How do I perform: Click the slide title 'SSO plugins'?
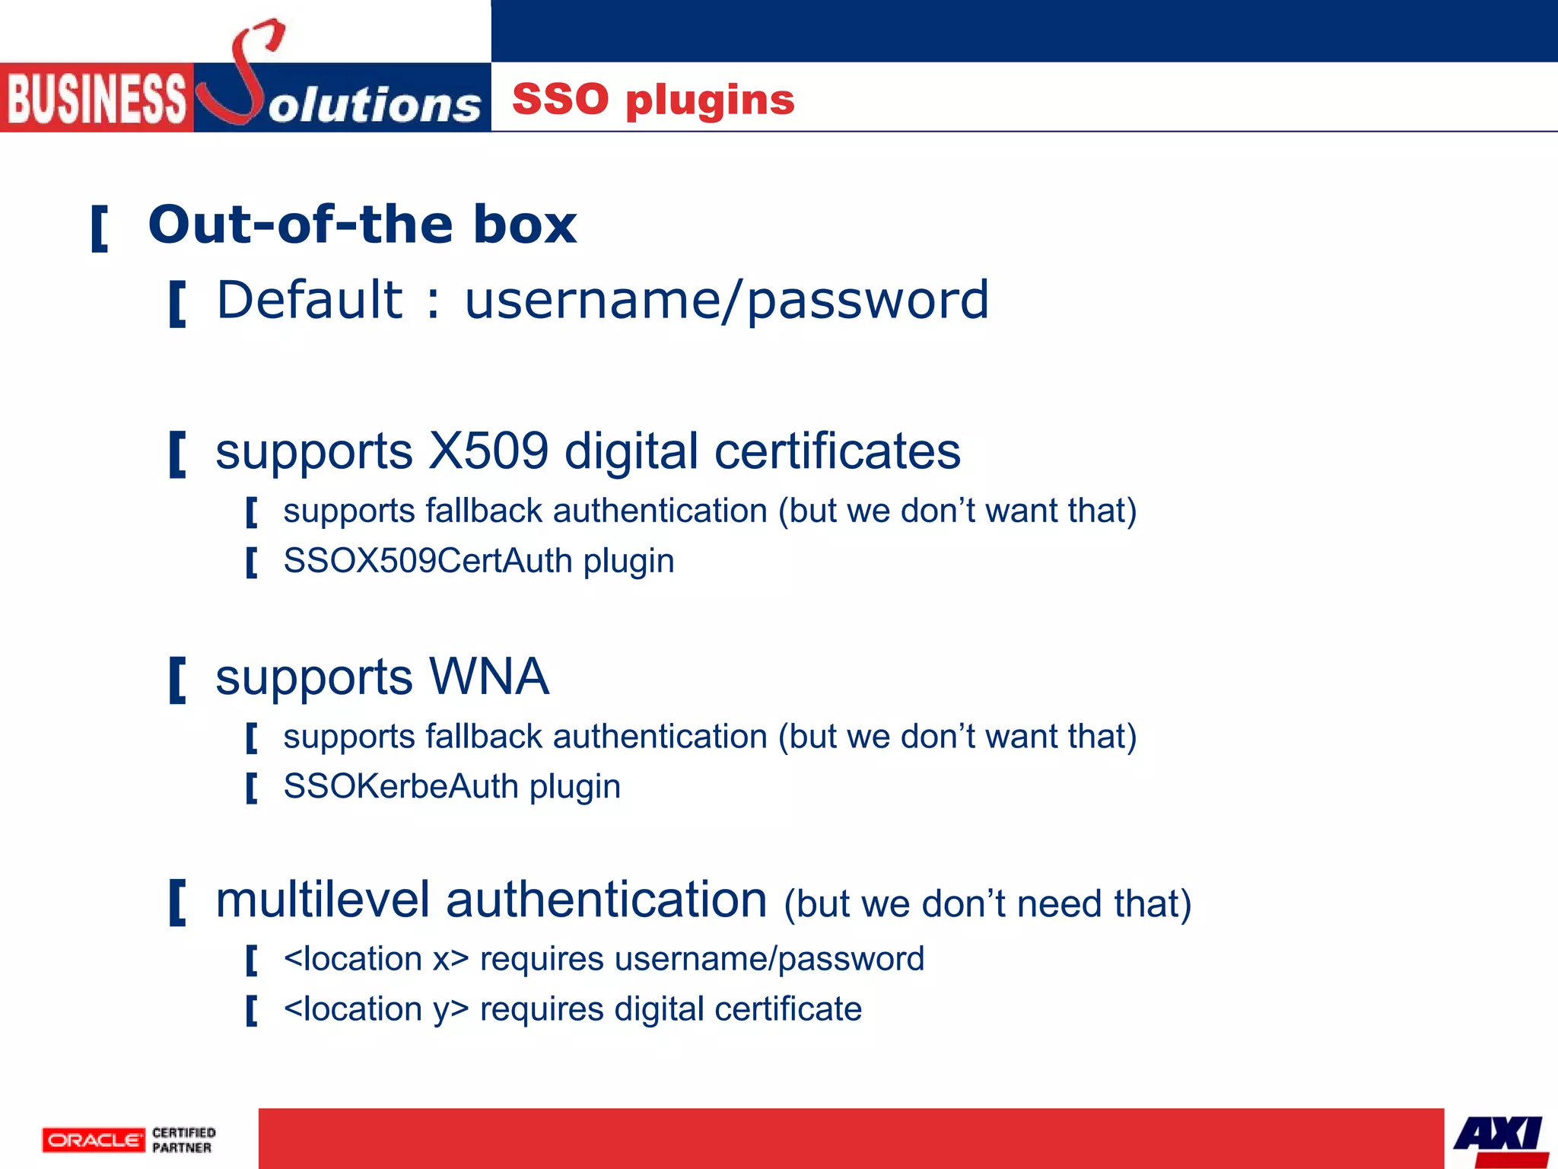pos(653,100)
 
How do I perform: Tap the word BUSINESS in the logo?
pos(96,99)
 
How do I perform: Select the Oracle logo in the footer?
pos(93,1140)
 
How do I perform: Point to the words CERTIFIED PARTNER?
pos(183,1140)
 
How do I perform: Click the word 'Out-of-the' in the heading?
pos(304,225)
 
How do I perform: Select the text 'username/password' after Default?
pos(727,301)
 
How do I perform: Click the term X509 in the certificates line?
pos(488,451)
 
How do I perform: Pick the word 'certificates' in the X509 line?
pos(837,451)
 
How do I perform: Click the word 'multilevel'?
pos(323,900)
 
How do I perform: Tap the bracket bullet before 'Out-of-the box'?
pos(99,228)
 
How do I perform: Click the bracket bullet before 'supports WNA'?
pos(177,680)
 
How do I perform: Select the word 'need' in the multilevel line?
pos(1059,904)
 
